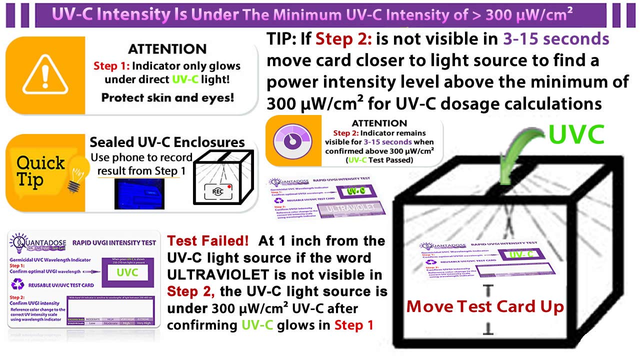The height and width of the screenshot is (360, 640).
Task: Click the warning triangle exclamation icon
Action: (45, 75)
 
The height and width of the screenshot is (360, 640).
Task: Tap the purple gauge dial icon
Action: (293, 140)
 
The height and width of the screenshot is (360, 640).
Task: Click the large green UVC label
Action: (576, 134)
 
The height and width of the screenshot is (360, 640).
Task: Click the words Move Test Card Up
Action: (484, 306)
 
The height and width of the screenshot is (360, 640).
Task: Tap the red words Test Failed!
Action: (207, 241)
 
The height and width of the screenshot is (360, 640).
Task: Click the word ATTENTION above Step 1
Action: (167, 49)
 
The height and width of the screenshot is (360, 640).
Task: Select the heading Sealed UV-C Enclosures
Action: (167, 142)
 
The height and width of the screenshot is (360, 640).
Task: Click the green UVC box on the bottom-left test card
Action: (127, 272)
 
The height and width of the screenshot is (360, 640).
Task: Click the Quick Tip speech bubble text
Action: (40, 170)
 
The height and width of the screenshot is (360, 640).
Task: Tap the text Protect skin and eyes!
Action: (167, 97)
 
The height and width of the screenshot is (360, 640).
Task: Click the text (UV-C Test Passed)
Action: (381, 160)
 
